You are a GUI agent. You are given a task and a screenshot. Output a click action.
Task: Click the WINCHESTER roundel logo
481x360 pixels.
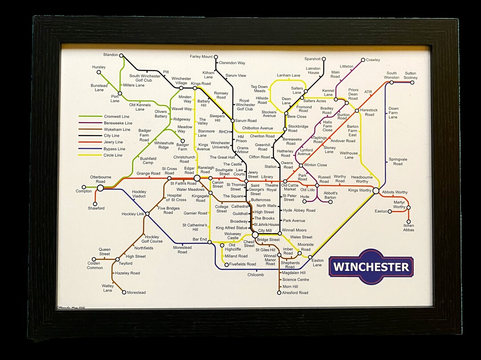pos(371,266)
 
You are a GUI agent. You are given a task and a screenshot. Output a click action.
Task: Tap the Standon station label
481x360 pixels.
pos(110,55)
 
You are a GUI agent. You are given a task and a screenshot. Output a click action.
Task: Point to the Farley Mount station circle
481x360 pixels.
pos(216,57)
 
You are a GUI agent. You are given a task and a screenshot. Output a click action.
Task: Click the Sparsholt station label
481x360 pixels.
pos(312,59)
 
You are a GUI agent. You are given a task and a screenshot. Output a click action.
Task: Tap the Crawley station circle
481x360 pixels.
pos(363,60)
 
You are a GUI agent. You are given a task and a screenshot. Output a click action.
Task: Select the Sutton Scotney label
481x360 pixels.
pos(411,75)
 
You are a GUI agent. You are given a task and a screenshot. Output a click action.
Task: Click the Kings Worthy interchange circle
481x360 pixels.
pos(376,191)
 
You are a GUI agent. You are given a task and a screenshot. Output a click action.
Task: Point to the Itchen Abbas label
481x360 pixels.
pos(409,227)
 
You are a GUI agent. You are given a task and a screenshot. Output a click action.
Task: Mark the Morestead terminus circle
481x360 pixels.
pos(124,292)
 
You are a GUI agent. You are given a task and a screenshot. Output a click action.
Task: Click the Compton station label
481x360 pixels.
pos(83,191)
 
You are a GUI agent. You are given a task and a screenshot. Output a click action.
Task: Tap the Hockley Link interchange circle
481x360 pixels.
pos(147,214)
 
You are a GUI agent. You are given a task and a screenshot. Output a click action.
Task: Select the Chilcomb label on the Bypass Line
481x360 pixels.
pos(256,275)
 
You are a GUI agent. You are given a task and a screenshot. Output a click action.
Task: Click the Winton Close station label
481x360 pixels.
pos(316,165)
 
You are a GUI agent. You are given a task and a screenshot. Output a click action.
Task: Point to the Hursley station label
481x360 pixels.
pos(99,67)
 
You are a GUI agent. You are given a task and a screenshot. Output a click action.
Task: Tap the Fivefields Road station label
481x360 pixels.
pos(243,264)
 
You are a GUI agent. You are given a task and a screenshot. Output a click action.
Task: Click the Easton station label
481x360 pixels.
pos(381,211)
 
